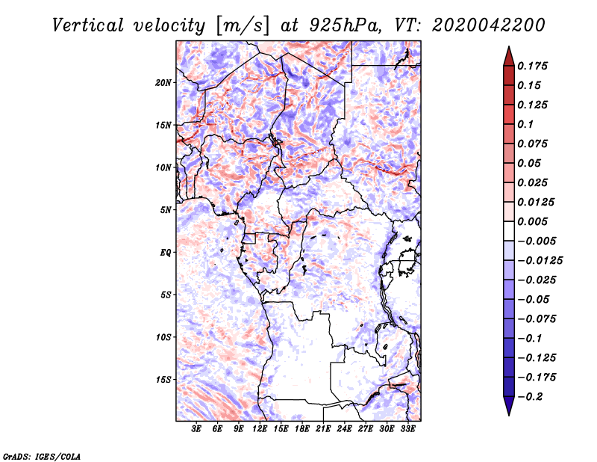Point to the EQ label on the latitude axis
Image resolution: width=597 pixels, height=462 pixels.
coord(166,253)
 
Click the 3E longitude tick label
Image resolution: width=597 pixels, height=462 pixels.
coord(196,429)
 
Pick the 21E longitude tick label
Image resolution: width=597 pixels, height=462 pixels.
coord(323,429)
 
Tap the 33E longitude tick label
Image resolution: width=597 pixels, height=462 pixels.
coord(407,429)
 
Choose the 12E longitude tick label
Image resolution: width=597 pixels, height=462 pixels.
coord(260,429)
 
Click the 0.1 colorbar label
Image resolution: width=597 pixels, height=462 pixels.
coord(528,124)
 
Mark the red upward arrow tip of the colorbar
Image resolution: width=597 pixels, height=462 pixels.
coord(508,49)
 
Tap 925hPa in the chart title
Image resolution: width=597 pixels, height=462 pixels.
coord(337,25)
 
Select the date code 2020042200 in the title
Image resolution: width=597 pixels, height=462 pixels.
coord(489,25)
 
